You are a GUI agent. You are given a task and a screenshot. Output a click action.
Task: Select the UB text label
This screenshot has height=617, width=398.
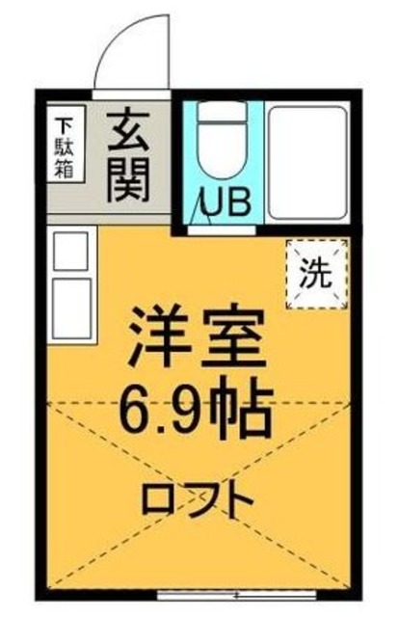225,201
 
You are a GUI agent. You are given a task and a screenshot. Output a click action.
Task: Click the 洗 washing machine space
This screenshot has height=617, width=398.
315,273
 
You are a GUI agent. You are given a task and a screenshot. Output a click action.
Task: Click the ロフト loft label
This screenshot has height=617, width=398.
198,499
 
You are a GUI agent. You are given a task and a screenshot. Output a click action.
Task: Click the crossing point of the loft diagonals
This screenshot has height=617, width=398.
198,494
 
